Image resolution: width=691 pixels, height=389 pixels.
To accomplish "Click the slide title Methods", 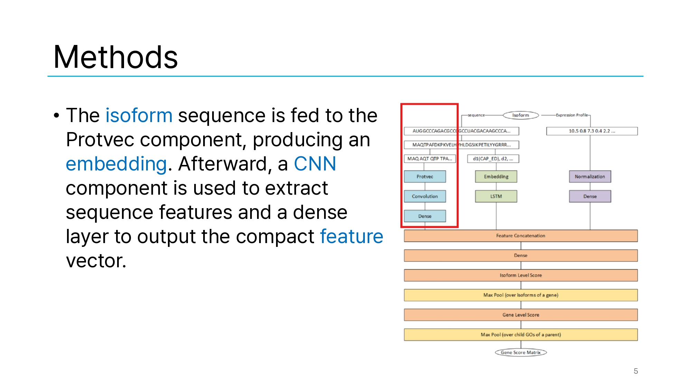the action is (x=115, y=57).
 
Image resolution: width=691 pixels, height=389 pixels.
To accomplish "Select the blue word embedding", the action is (x=116, y=164).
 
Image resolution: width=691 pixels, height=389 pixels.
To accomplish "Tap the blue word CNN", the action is (x=315, y=164).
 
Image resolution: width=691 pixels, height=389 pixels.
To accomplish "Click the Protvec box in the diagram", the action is (x=425, y=176).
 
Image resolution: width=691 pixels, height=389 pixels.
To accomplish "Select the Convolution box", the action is (x=425, y=196).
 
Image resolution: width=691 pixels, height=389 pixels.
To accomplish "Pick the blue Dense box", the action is (x=425, y=216).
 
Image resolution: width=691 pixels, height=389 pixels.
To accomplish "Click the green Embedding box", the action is (x=496, y=176).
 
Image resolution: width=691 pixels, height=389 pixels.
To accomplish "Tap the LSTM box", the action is (x=496, y=196).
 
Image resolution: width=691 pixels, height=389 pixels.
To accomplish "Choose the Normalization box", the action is (x=590, y=176).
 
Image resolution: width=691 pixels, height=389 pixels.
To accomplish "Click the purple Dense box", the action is (x=590, y=196).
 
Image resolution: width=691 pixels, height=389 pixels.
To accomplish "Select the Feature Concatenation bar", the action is (x=521, y=235).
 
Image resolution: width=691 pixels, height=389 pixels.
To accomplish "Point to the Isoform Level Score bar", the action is (x=521, y=275).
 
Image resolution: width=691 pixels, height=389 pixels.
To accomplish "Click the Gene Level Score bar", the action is (x=521, y=315).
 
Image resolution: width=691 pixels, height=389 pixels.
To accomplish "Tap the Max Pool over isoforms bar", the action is (x=521, y=295).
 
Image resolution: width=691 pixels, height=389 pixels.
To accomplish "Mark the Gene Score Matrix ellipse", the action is (x=521, y=352).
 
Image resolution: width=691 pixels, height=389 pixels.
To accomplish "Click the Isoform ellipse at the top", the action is (x=521, y=115).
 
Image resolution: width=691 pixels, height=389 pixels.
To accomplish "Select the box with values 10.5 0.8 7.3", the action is (x=592, y=131).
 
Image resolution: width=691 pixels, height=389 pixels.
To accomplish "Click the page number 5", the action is (x=636, y=371).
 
